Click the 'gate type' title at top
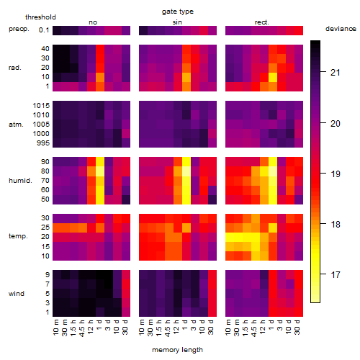(x=178, y=12)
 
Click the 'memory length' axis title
(x=178, y=350)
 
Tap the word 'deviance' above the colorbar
(x=341, y=29)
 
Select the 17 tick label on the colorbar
(x=336, y=274)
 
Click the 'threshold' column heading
(x=40, y=17)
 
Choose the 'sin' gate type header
(x=177, y=22)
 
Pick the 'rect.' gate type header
(x=262, y=22)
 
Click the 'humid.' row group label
(x=20, y=181)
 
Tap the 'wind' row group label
(x=17, y=294)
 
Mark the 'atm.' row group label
(x=16, y=125)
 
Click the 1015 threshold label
(x=41, y=106)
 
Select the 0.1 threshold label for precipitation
(x=44, y=30)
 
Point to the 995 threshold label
(x=43, y=143)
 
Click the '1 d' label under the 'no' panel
(x=99, y=325)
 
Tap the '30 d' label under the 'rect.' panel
(x=297, y=327)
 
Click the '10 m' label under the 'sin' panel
(x=142, y=327)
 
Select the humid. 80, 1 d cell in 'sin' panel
(x=186, y=171)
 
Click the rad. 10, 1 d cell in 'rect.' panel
(x=273, y=77)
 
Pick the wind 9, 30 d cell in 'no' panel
(x=126, y=275)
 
